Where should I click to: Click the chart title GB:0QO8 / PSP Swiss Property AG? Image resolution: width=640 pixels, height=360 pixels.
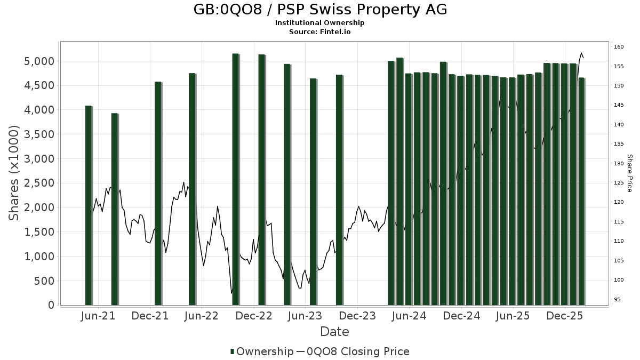click(x=319, y=10)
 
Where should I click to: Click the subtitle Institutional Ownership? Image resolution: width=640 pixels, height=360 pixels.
click(x=319, y=23)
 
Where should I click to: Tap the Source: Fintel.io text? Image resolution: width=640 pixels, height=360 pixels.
click(x=319, y=32)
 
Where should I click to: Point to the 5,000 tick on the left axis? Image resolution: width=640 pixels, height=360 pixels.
click(x=40, y=61)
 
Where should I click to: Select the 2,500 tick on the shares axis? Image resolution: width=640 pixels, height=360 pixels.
click(x=40, y=183)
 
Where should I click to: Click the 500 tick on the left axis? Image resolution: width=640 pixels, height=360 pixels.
click(x=46, y=281)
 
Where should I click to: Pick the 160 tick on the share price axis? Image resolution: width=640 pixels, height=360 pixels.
click(x=619, y=47)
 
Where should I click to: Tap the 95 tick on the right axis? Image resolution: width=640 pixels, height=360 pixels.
click(x=617, y=299)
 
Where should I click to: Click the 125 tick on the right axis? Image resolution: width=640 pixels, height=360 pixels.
click(x=619, y=183)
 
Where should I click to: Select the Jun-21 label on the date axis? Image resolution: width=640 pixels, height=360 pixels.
click(x=98, y=316)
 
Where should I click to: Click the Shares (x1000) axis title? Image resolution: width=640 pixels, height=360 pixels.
click(x=14, y=173)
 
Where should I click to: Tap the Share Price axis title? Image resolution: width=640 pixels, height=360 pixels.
click(x=629, y=173)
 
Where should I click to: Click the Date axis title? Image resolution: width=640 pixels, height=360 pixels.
click(x=334, y=332)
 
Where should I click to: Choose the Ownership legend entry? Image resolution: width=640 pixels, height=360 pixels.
click(x=261, y=351)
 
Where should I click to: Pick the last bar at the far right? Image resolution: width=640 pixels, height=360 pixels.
click(x=581, y=192)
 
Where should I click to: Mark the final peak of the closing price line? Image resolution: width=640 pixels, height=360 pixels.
click(x=581, y=53)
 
